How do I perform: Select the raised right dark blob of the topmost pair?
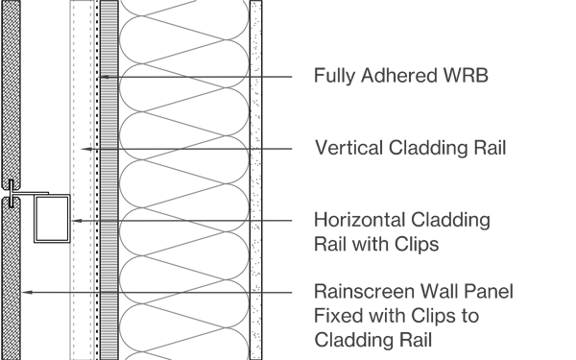(216, 68)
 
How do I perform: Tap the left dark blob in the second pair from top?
(152, 141)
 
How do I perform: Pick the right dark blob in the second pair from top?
(213, 153)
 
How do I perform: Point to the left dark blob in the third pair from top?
(154, 225)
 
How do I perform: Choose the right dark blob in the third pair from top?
(216, 212)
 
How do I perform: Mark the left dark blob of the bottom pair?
(152, 285)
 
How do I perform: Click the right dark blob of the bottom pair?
(213, 297)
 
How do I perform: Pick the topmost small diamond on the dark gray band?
(84, 149)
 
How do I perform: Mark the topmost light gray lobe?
(184, 34)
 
